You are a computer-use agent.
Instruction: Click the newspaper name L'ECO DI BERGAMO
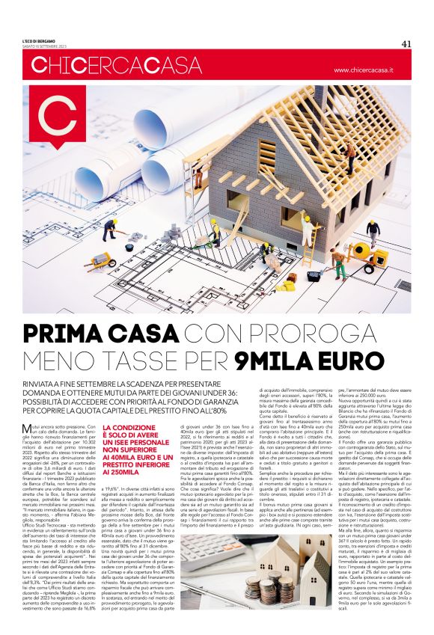tap(49, 40)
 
